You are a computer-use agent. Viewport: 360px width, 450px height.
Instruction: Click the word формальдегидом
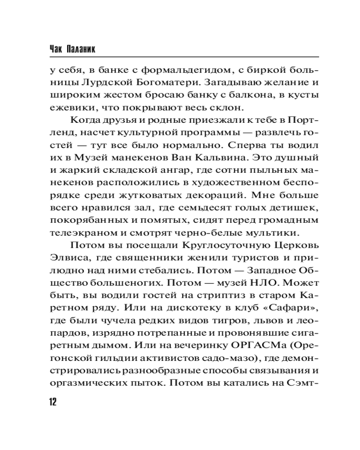coord(188,71)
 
